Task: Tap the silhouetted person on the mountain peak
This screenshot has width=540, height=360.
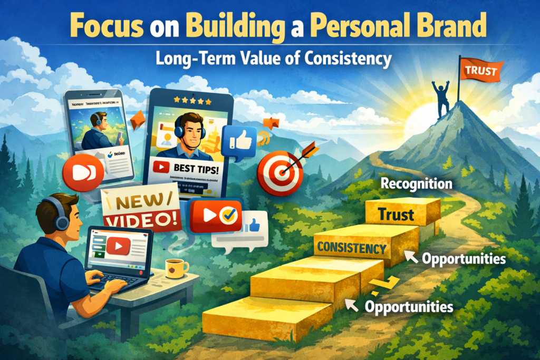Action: click(441, 95)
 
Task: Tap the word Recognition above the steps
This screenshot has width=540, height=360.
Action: click(416, 184)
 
